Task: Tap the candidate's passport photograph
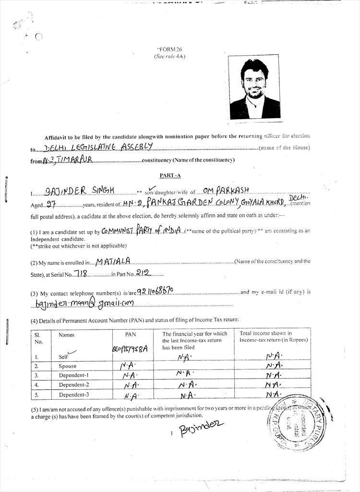254,88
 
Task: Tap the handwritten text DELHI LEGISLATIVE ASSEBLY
98,147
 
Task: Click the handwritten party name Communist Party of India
142,231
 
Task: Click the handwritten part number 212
143,273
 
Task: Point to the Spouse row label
68,366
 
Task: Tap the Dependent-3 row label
74,394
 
